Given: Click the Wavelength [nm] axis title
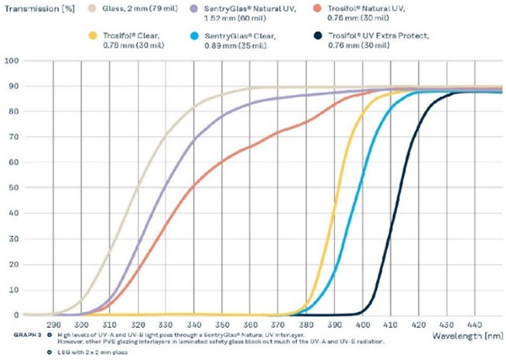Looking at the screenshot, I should pos(463,336).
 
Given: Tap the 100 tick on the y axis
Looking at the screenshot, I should pos(11,62).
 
